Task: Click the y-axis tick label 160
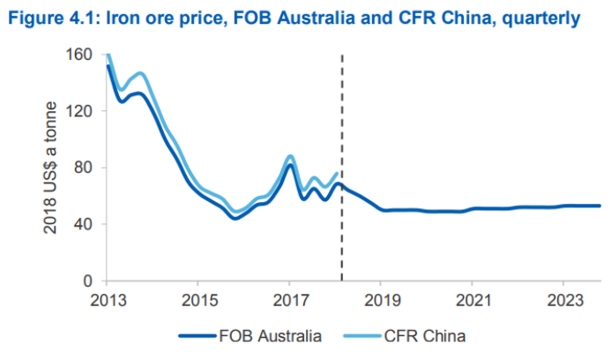81,55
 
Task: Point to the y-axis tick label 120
81,111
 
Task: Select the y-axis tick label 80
86,168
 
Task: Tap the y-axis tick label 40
86,224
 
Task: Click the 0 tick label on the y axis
90,281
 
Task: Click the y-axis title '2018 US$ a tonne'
51,168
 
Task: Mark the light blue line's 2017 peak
290,156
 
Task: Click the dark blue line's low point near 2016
235,217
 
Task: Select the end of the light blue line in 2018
337,173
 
